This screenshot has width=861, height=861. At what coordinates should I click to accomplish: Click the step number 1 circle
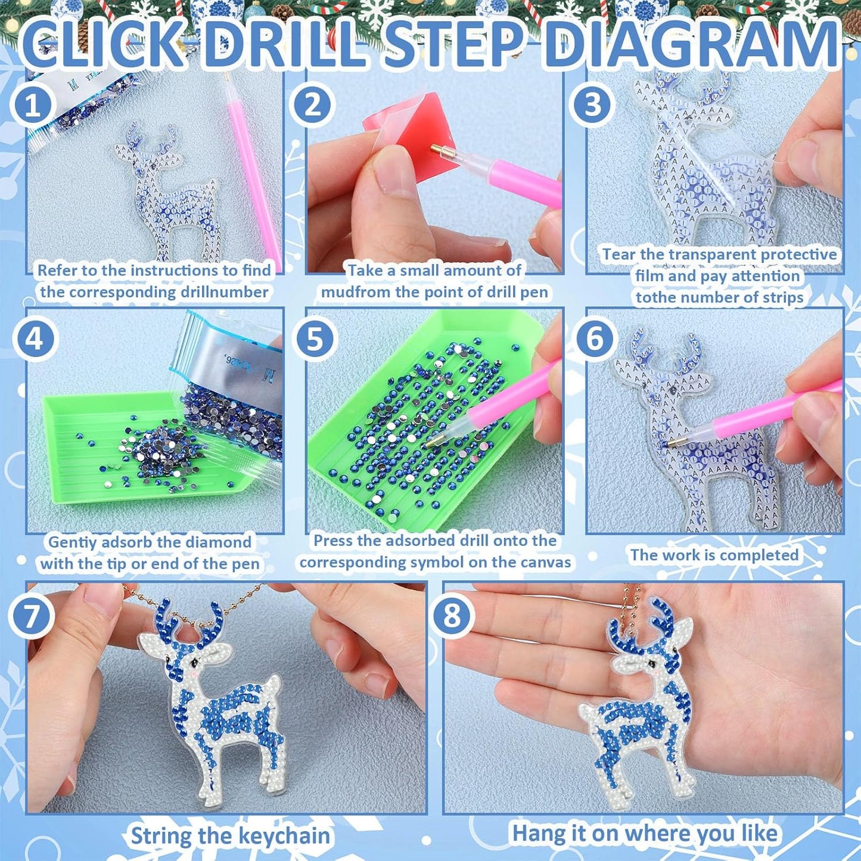(x=32, y=104)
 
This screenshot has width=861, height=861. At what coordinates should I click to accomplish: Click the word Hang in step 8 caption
(x=539, y=832)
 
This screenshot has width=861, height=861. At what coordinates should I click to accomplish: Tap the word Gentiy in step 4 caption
(x=72, y=542)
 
